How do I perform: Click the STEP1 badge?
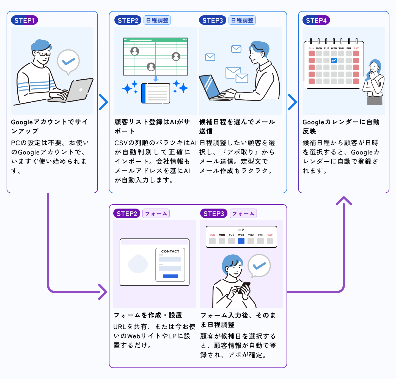tap(24, 20)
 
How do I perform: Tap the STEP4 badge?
tap(316, 20)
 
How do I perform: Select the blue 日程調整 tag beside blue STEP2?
tap(157, 20)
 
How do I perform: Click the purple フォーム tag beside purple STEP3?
tap(243, 214)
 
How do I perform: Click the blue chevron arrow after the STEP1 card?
tap(103, 102)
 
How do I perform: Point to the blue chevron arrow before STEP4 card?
tap(293, 102)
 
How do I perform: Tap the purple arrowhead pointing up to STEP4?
tap(344, 201)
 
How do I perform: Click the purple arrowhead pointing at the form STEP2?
tap(103, 292)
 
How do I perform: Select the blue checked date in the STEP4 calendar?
tap(334, 60)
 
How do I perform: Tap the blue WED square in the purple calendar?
tap(241, 241)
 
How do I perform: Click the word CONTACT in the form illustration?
tap(170, 251)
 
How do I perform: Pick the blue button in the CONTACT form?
tap(170, 276)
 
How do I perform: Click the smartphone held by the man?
tap(244, 288)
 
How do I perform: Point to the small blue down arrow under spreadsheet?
tap(156, 79)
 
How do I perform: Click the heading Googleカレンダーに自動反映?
tap(341, 127)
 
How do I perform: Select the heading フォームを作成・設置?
tap(148, 315)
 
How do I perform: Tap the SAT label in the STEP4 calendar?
tap(356, 48)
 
